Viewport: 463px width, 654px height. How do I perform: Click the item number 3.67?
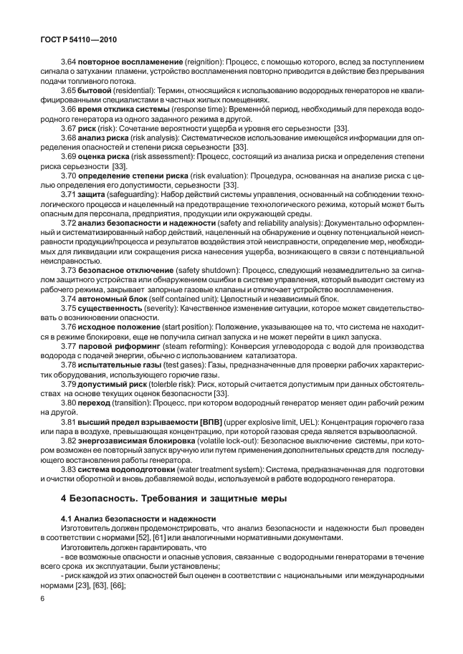[70, 127]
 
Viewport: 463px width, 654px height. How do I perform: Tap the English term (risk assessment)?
[159, 155]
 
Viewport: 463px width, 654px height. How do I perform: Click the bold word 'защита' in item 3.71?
[93, 194]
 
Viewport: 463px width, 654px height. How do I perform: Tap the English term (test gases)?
[173, 364]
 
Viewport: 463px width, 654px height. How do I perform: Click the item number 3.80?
[70, 404]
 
